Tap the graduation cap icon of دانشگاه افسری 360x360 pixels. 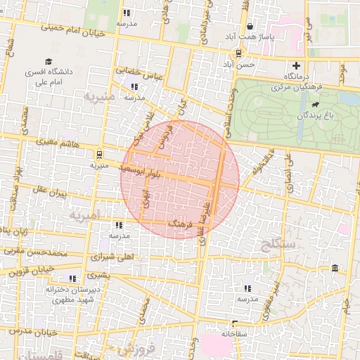(49, 61)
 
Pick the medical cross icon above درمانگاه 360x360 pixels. (296, 65)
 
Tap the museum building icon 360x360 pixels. (334, 269)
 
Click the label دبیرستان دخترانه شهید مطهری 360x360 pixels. (70, 295)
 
